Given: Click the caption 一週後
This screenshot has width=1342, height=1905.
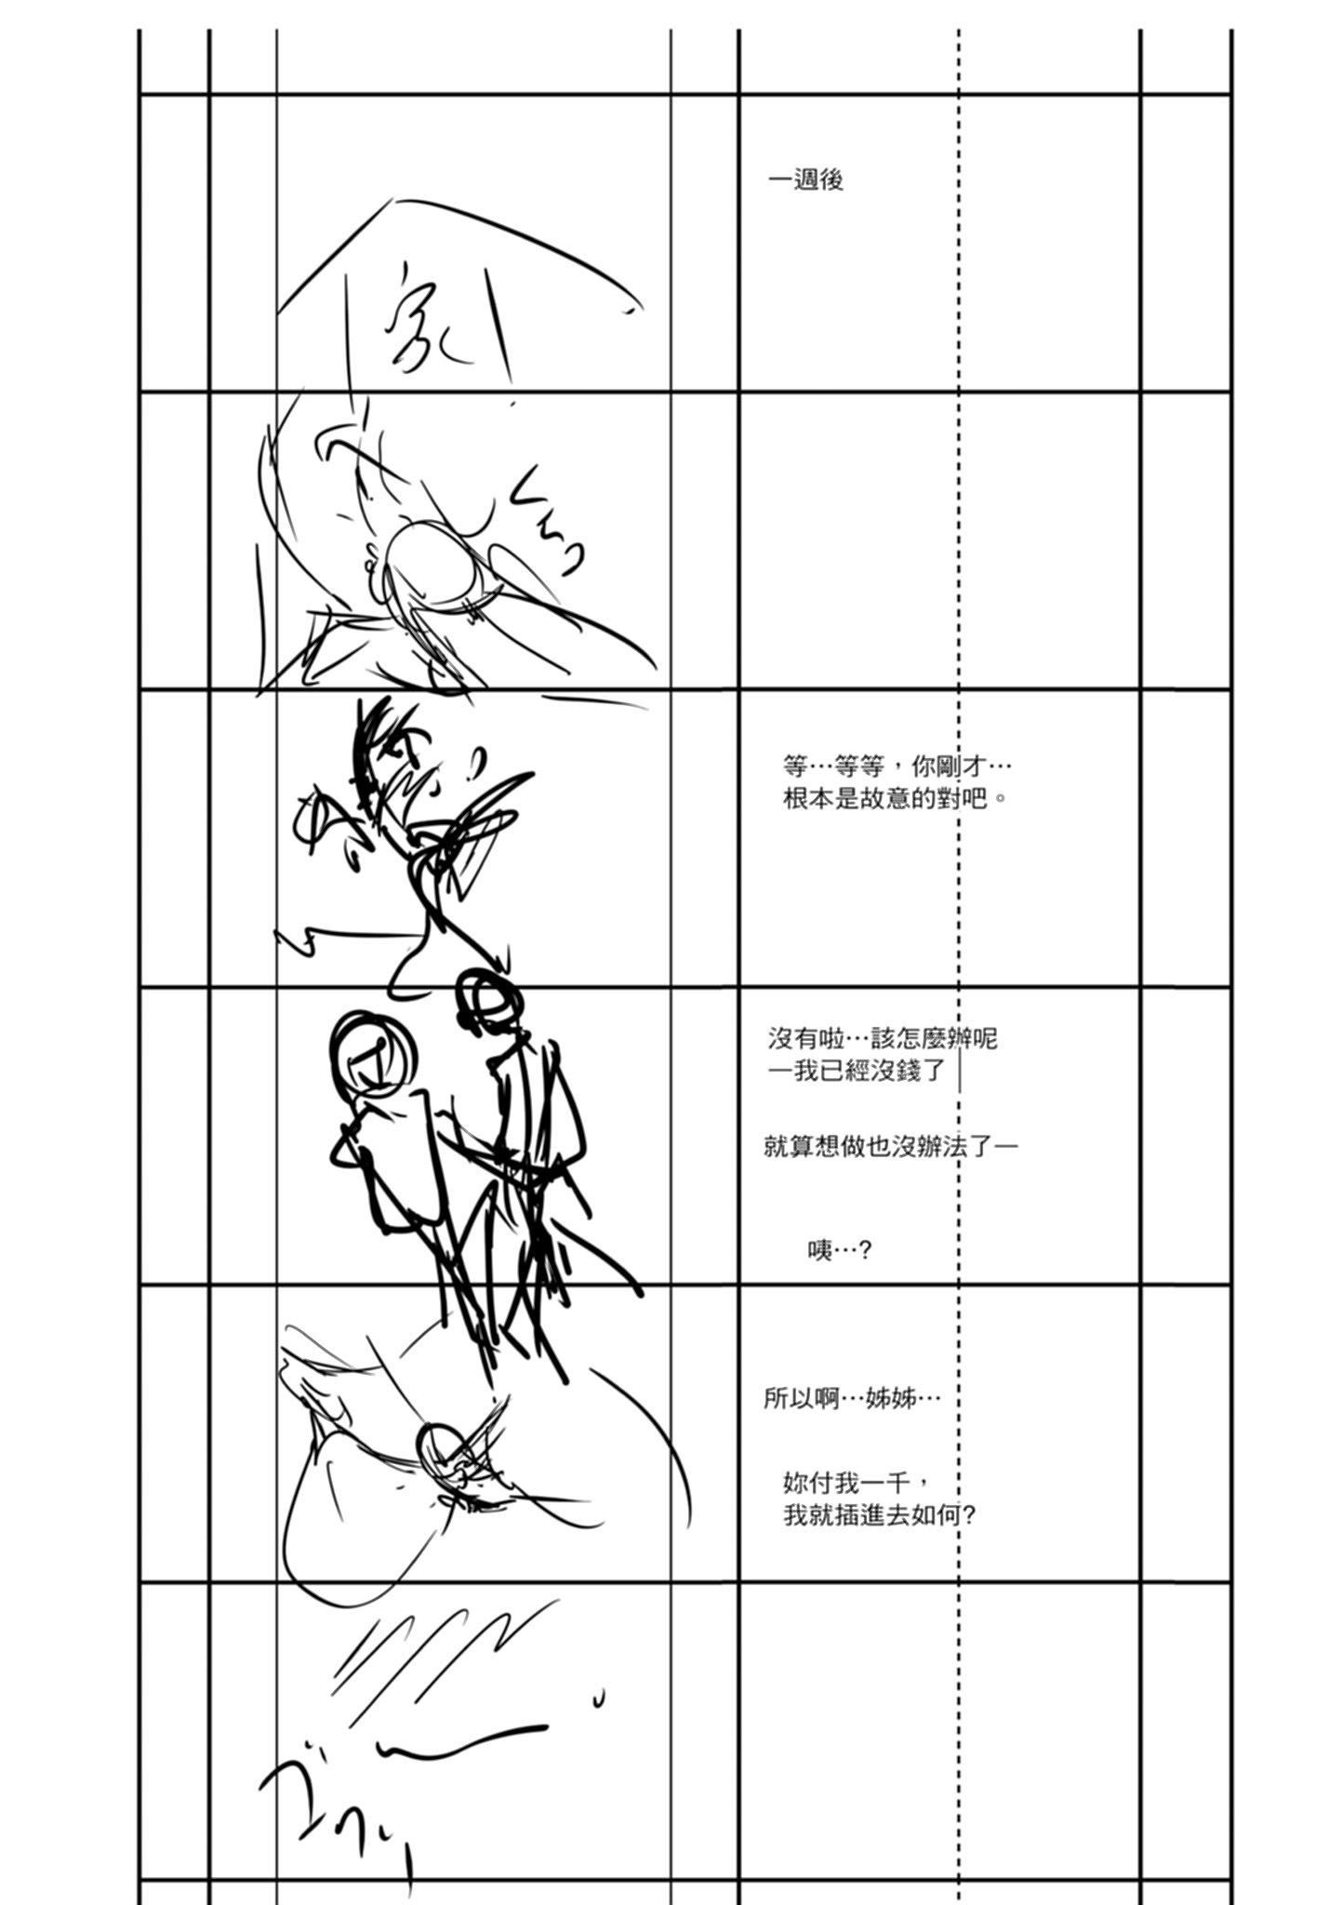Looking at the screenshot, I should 805,180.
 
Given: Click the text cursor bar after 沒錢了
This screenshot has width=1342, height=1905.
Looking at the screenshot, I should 959,1071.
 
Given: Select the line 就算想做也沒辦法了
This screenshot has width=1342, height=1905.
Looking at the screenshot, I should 890,1145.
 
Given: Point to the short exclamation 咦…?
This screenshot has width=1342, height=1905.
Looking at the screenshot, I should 839,1250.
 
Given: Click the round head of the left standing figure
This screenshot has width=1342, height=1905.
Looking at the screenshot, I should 370,1052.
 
